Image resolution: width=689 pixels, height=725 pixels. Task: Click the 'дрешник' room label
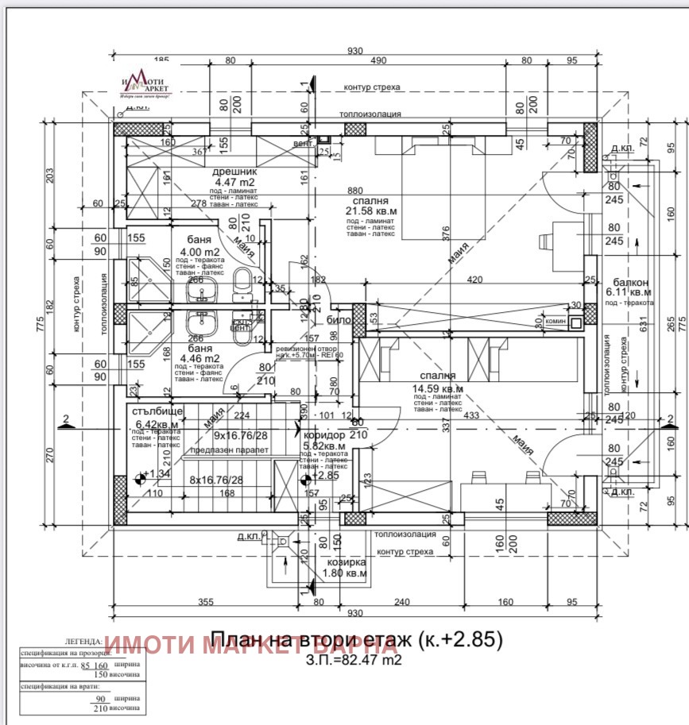click(234, 172)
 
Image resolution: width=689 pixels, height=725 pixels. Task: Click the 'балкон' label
click(631, 282)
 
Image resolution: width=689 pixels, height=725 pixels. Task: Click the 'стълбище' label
click(156, 411)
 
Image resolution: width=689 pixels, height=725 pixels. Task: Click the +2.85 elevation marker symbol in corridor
click(304, 477)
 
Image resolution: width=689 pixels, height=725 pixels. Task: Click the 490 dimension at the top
click(378, 60)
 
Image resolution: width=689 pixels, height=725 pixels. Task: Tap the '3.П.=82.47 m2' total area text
click(354, 658)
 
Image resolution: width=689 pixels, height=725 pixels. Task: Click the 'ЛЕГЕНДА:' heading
click(81, 641)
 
